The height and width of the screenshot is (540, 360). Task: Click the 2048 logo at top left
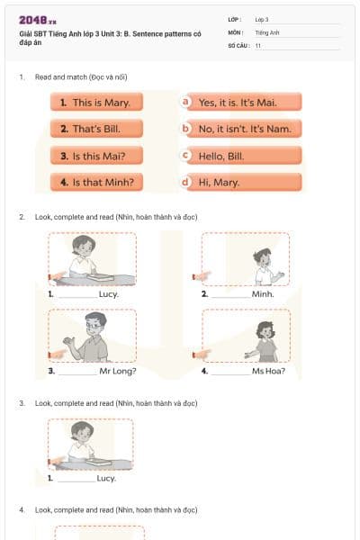(x=38, y=20)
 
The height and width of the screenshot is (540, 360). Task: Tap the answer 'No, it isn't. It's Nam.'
(x=243, y=130)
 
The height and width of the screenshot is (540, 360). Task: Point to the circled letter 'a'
(x=186, y=102)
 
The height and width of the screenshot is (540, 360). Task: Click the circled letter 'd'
(x=186, y=182)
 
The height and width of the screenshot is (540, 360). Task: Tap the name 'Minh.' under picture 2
(x=263, y=294)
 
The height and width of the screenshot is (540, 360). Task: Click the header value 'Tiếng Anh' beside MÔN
(x=267, y=31)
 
